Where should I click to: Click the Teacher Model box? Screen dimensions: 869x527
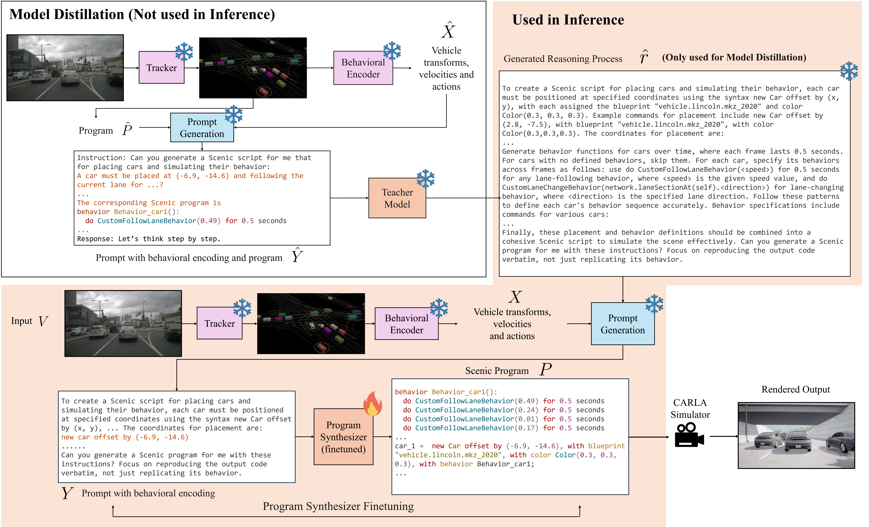397,198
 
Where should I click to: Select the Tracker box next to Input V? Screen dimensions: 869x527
219,323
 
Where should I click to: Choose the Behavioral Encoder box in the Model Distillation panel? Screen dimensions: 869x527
363,68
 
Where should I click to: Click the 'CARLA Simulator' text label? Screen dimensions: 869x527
690,409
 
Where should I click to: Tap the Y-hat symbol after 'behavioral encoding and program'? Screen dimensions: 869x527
297,255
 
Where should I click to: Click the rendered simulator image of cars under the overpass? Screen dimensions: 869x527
796,435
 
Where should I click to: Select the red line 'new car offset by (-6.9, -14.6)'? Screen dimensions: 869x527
125,437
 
